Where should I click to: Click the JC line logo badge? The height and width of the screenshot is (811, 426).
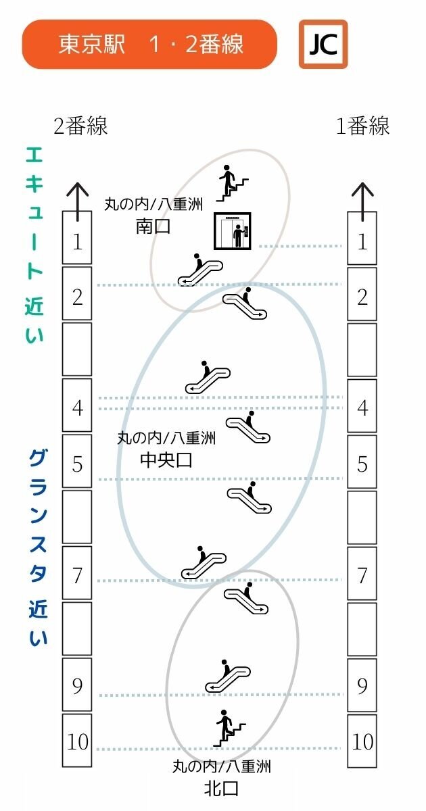(323, 45)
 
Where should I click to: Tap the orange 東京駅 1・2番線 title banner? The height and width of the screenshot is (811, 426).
(149, 45)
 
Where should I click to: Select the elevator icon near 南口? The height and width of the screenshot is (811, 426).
(232, 231)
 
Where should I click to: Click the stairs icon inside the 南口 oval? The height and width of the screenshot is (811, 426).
(233, 183)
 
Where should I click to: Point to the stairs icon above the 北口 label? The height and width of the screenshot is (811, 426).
(230, 728)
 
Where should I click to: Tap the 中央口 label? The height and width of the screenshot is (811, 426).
(166, 460)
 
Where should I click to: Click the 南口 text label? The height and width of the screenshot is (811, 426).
(153, 227)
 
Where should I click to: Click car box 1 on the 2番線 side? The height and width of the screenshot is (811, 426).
(77, 238)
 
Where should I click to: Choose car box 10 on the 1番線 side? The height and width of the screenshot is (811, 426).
(362, 741)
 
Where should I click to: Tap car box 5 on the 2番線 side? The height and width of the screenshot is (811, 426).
(77, 461)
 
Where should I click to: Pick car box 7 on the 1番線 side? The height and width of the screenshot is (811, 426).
(362, 573)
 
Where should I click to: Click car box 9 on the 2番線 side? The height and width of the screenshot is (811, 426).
(77, 684)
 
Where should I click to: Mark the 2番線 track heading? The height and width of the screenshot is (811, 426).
(80, 126)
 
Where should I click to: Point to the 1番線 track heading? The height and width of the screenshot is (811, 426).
(362, 126)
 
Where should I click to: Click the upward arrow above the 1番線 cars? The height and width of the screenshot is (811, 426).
(362, 201)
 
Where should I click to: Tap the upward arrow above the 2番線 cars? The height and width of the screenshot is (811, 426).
(78, 201)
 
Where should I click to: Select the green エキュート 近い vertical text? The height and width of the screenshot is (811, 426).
(34, 245)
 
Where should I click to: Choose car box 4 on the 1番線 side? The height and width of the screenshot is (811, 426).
(362, 405)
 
